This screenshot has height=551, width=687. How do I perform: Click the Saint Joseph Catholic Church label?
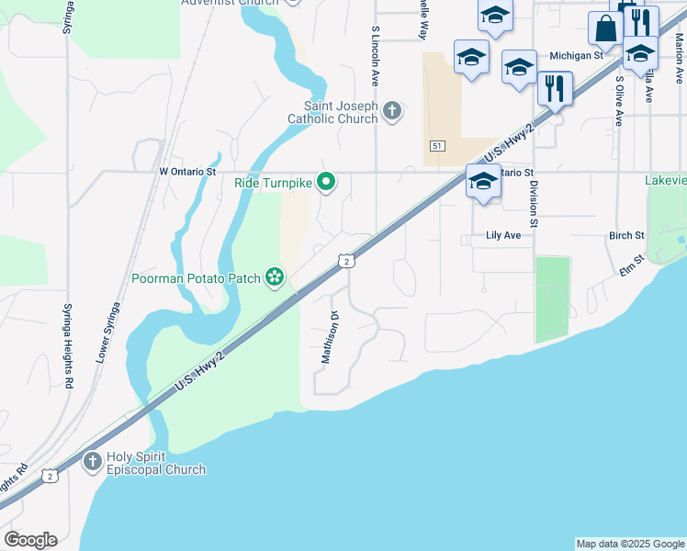[332, 112]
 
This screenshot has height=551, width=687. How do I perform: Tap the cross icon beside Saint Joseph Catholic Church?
[392, 112]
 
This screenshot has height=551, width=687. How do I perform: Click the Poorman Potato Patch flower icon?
[274, 276]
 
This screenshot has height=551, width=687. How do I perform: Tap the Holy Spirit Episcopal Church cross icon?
[92, 462]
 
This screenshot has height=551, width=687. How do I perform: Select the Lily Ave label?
[503, 236]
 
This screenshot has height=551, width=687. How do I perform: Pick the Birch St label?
[626, 236]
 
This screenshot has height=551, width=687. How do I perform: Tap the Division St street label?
[533, 203]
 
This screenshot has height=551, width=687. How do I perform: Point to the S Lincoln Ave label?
[376, 56]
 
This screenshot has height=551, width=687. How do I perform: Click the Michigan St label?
[575, 56]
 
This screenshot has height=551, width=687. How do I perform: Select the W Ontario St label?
[187, 171]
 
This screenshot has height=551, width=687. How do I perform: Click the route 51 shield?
[437, 146]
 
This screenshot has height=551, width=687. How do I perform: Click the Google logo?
[30, 540]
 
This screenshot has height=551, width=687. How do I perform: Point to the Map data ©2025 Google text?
[629, 544]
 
